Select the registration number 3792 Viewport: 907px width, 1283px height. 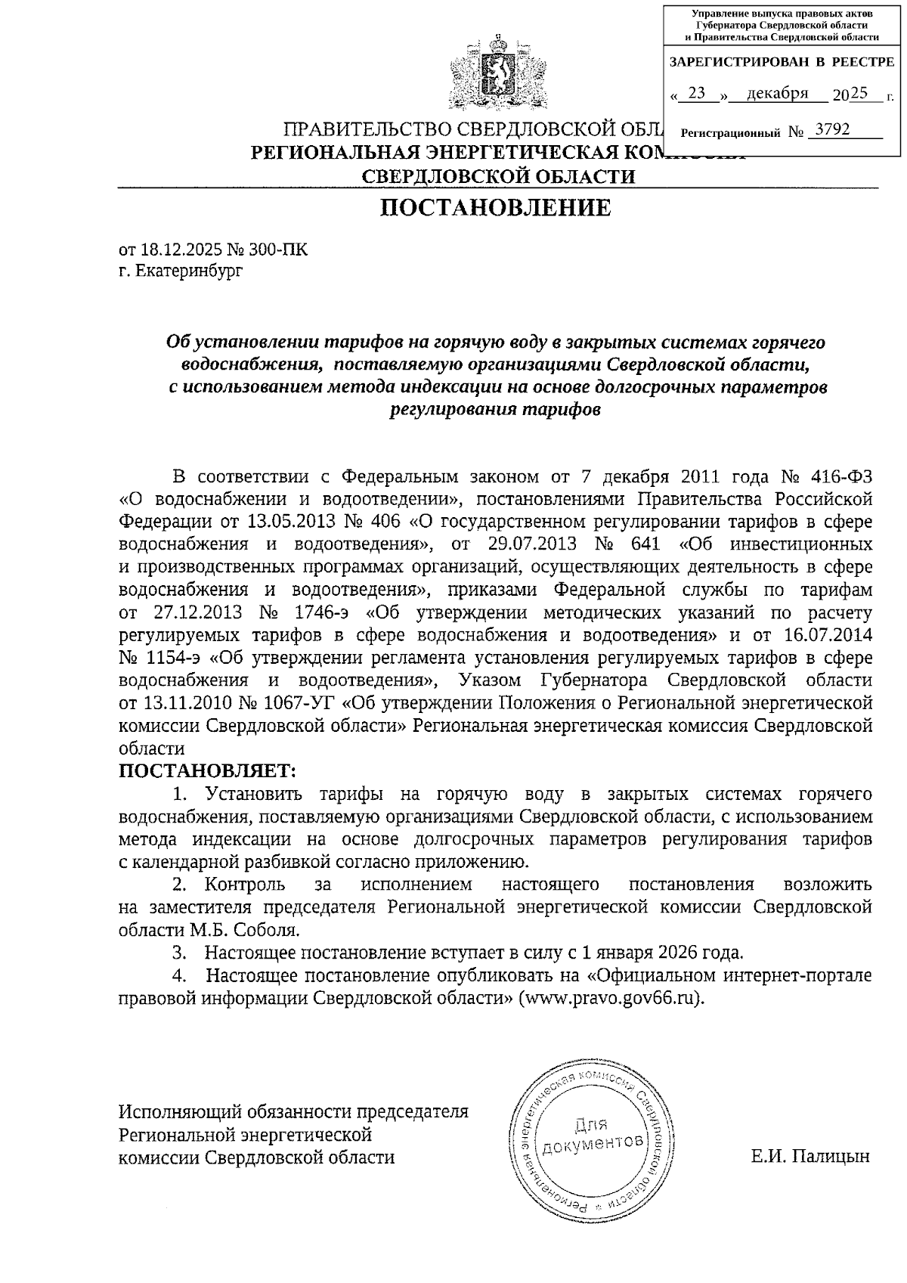click(x=829, y=130)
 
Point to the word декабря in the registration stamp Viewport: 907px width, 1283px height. click(x=777, y=93)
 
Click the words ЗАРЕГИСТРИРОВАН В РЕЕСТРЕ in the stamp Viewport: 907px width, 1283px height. click(x=782, y=62)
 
